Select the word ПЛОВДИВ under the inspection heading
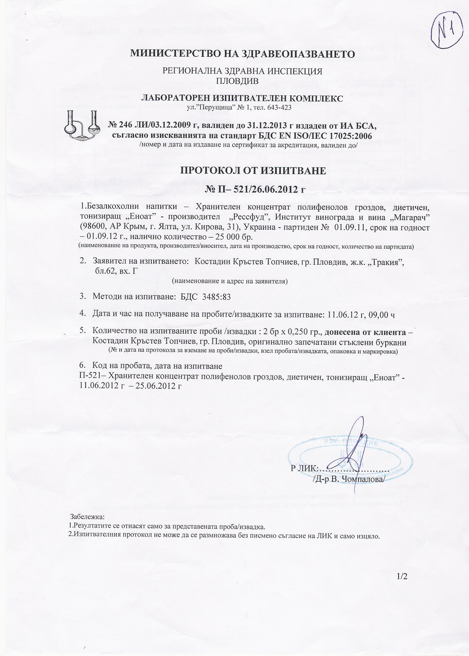pyautogui.click(x=237, y=81)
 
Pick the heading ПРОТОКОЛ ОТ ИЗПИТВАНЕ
pyautogui.click(x=253, y=171)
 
